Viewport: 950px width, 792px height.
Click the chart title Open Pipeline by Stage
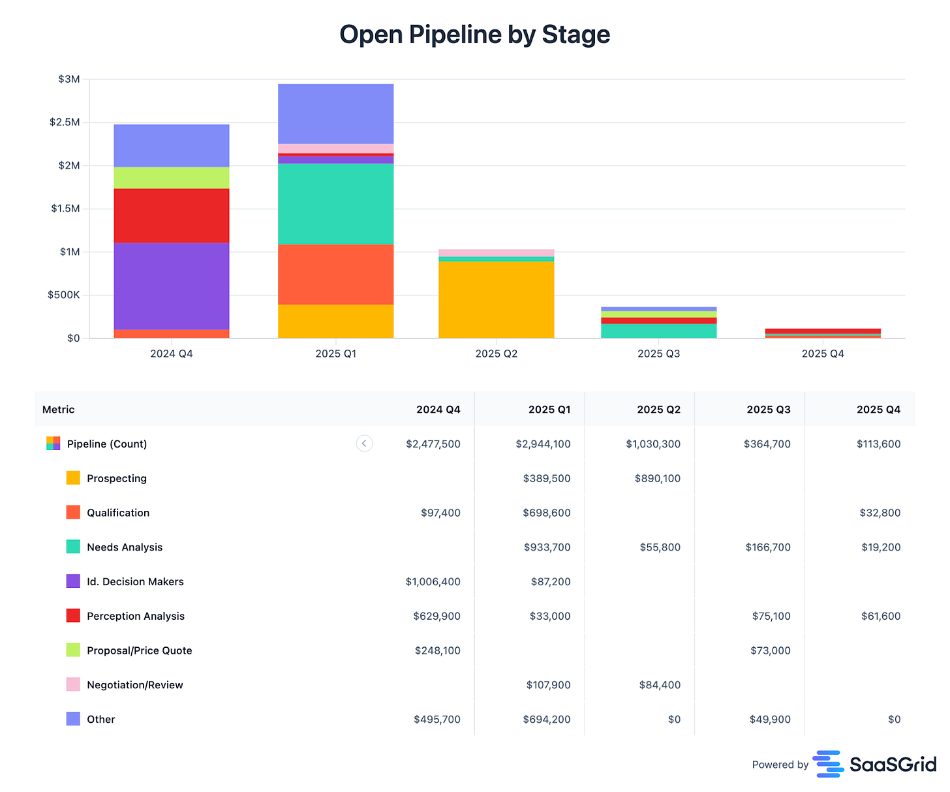pyautogui.click(x=474, y=35)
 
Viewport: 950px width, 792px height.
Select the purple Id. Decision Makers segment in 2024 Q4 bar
pyautogui.click(x=172, y=286)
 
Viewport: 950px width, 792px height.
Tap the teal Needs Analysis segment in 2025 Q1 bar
pyautogui.click(x=335, y=204)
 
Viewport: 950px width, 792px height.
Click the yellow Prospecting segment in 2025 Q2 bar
pyautogui.click(x=496, y=299)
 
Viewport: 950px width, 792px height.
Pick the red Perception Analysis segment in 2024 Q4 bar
pyautogui.click(x=172, y=215)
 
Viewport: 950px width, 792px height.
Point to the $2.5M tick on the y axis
pyautogui.click(x=65, y=123)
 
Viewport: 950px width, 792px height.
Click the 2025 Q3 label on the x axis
pyautogui.click(x=658, y=354)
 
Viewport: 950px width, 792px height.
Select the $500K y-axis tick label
pyautogui.click(x=63, y=295)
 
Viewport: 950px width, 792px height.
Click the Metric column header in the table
pyautogui.click(x=59, y=410)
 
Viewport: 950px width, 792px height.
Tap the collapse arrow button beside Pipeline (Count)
pyautogui.click(x=364, y=444)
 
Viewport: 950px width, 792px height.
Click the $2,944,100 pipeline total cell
pyautogui.click(x=543, y=444)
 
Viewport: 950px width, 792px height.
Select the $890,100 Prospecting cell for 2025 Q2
pyautogui.click(x=657, y=478)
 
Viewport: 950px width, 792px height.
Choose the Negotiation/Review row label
pyautogui.click(x=135, y=685)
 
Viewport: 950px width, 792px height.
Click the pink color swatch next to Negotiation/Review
pyautogui.click(x=73, y=684)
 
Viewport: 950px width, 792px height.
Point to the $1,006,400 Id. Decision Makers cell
pyautogui.click(x=433, y=582)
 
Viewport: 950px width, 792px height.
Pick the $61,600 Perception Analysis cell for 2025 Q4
pyautogui.click(x=880, y=616)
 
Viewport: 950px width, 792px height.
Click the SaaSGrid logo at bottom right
pyautogui.click(x=874, y=764)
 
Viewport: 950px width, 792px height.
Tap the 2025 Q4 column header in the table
pyautogui.click(x=878, y=410)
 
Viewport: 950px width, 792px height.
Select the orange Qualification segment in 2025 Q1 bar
pyautogui.click(x=335, y=274)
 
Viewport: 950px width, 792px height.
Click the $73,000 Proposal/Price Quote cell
pyautogui.click(x=770, y=650)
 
